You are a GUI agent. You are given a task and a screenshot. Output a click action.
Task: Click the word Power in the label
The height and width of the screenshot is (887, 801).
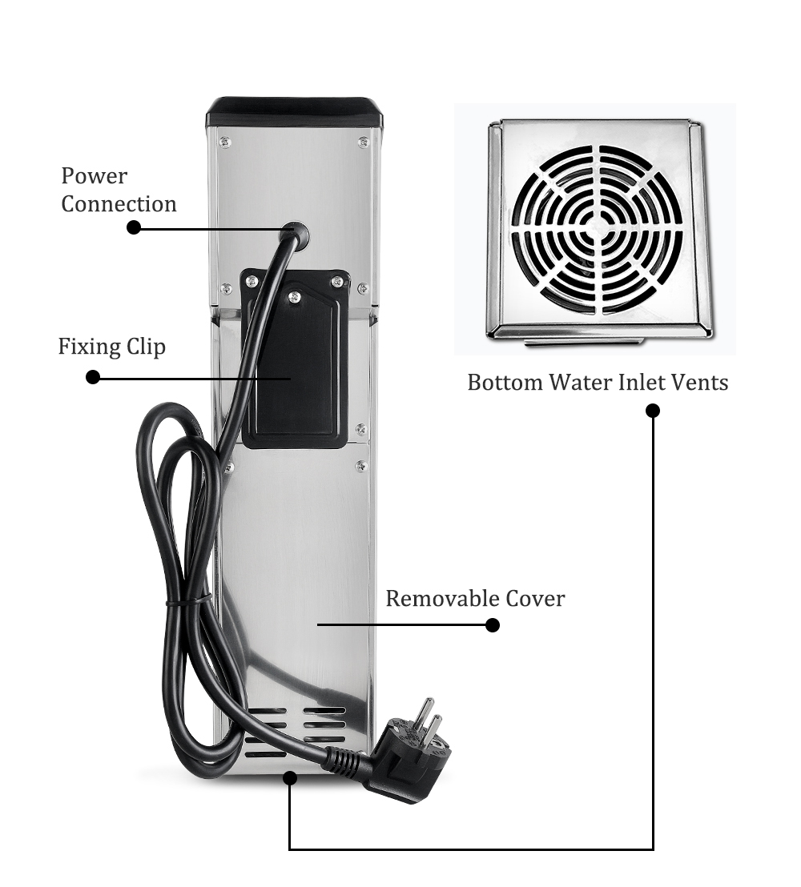click(95, 176)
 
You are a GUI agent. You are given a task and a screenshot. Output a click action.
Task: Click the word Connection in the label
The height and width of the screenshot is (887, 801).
click(119, 204)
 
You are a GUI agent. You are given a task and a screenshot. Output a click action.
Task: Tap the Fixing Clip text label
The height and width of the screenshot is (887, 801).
click(111, 347)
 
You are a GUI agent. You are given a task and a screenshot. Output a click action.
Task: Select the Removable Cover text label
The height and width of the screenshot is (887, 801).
click(475, 598)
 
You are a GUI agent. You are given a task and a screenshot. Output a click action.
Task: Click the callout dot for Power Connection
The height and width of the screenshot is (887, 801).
click(134, 227)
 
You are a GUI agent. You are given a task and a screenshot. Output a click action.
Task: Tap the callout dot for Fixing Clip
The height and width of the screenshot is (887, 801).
click(93, 376)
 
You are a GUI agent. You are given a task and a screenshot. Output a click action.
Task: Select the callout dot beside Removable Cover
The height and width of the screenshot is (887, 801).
click(493, 625)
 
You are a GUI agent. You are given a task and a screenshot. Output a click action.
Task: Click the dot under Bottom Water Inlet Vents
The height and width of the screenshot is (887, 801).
click(653, 411)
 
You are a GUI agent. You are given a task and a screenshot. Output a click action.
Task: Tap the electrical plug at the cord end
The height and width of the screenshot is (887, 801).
click(413, 749)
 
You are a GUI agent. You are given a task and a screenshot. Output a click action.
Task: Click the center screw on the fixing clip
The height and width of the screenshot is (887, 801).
click(294, 297)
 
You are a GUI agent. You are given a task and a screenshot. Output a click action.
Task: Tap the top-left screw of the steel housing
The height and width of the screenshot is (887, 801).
click(223, 142)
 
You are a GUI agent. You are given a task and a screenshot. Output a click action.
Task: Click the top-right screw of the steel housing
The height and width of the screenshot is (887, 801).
click(363, 142)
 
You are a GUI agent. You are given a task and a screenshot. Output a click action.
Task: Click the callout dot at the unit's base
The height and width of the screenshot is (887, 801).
click(290, 776)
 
